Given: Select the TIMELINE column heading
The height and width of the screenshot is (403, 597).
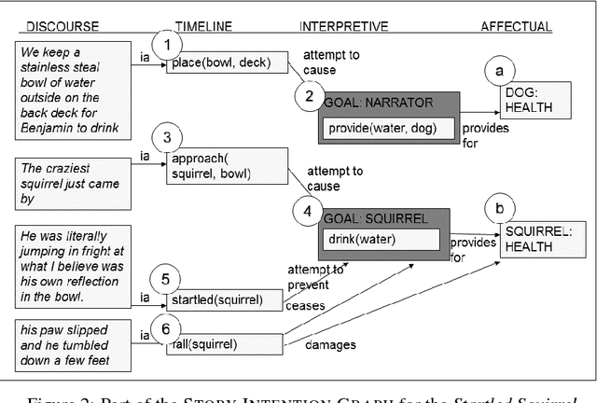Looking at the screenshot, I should coord(203,26).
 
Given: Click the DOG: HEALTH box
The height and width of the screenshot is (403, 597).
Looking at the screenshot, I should coord(529,100).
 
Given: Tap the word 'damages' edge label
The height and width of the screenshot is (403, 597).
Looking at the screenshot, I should coord(330,345).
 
